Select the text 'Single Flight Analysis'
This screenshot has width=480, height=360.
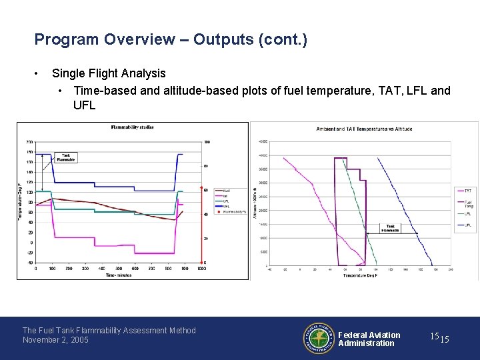tap(109, 73)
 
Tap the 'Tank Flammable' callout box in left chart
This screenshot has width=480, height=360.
tap(65, 157)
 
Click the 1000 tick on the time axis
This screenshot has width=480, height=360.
tap(201, 268)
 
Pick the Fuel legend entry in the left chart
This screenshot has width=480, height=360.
tap(226, 190)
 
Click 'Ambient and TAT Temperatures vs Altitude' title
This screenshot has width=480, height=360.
tap(364, 129)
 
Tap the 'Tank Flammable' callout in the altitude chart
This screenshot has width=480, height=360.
tap(391, 229)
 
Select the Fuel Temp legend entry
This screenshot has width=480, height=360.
tap(468, 203)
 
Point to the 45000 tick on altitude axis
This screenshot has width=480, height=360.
tap(263, 141)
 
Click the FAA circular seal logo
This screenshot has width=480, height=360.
tap(318, 339)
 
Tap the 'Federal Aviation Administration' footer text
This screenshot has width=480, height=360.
tap(369, 339)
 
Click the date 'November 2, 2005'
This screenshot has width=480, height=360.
tap(55, 340)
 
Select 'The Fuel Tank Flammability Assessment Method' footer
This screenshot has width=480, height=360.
tap(109, 330)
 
